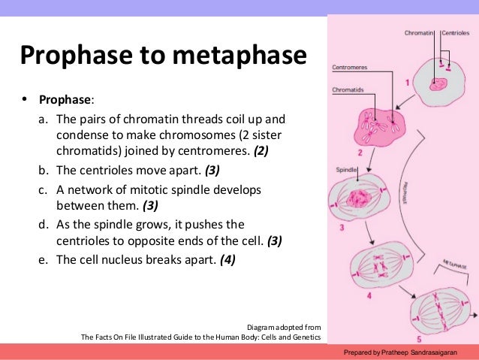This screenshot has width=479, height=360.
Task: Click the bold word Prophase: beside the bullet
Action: [67, 100]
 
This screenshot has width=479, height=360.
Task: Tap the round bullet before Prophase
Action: [24, 99]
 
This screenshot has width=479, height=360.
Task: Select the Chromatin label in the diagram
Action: [418, 33]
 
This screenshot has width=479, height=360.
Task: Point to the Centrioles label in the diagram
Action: [454, 33]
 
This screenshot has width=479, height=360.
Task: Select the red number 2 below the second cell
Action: [360, 153]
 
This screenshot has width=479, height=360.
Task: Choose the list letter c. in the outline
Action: [44, 189]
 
